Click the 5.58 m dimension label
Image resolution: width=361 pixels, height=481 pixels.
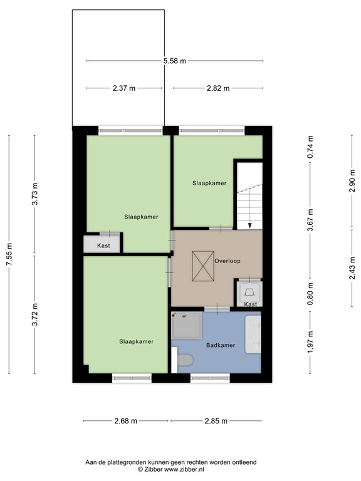pyautogui.click(x=174, y=61)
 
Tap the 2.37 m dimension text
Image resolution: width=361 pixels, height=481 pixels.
pyautogui.click(x=124, y=88)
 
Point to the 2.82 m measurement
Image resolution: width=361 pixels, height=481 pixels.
pyautogui.click(x=218, y=88)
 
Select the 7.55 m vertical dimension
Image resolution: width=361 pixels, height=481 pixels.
pyautogui.click(x=9, y=255)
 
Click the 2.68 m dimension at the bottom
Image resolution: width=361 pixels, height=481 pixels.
pyautogui.click(x=125, y=421)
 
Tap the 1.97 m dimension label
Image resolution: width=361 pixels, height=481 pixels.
pyautogui.click(x=310, y=343)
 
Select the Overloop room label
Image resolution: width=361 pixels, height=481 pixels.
pyautogui.click(x=227, y=261)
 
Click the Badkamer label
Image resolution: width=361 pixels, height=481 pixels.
pyautogui.click(x=220, y=345)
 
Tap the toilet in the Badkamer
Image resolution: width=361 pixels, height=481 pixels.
pyautogui.click(x=185, y=361)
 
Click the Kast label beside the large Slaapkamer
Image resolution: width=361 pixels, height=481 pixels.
pyautogui.click(x=103, y=246)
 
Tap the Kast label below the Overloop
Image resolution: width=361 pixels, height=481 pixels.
pyautogui.click(x=250, y=304)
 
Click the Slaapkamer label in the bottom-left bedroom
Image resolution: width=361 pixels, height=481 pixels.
pyautogui.click(x=136, y=341)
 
